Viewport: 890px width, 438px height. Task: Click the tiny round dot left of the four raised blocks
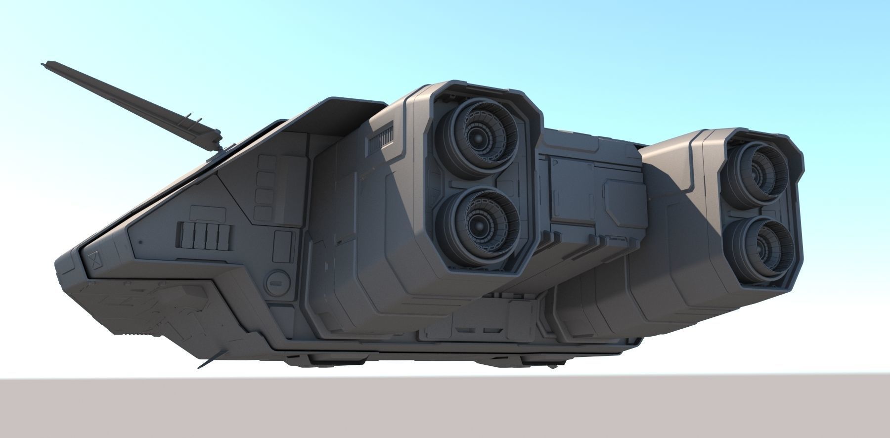coord(140,243)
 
